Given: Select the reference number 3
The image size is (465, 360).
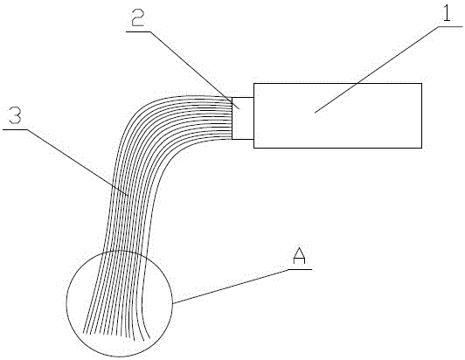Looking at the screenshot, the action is point(15,115).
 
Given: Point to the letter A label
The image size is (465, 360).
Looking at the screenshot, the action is point(299,257).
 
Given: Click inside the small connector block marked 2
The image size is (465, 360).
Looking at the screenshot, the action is point(243,118).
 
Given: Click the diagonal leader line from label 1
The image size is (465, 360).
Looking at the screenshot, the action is point(377,69).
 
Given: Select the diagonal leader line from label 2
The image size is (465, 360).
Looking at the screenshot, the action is point(195,70).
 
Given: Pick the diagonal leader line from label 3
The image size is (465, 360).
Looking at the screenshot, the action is point(78,163).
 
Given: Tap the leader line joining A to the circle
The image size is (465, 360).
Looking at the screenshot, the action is point(231,287).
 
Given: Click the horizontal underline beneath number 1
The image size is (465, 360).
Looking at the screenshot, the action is point(450,27).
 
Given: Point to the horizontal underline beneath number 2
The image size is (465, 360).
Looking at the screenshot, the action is point(138,31).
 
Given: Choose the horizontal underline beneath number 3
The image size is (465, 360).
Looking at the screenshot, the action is point(15,129).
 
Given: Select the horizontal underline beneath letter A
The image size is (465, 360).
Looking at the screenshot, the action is point(300,269).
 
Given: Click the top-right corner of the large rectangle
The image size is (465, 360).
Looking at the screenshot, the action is point(421,83).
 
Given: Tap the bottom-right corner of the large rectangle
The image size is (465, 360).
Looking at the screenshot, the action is point(421,148).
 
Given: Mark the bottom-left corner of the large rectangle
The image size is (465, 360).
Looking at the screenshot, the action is point(253,148).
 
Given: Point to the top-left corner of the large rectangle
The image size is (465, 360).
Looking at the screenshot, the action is point(253,83).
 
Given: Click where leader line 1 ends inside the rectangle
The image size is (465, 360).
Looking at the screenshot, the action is point(315,113).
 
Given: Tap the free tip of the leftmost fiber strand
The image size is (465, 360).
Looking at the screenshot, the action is point(84,333).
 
